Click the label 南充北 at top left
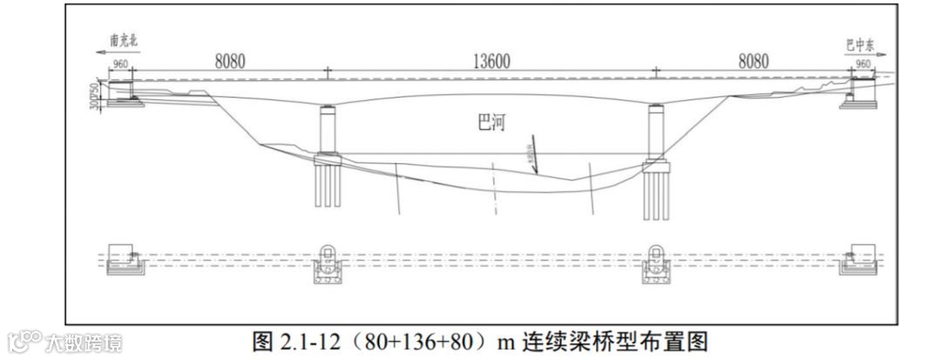click(124, 41)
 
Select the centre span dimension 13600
click(491, 62)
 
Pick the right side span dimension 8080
click(754, 62)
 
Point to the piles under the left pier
click(327, 187)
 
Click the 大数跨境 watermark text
click(84, 342)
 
